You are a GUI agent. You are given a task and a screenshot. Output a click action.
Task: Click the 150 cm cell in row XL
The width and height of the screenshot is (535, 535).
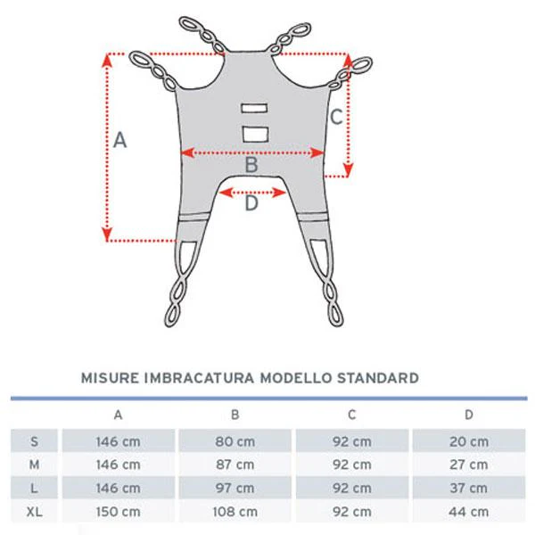click(118, 512)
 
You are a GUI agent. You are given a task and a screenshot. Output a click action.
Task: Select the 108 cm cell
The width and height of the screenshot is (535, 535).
click(235, 512)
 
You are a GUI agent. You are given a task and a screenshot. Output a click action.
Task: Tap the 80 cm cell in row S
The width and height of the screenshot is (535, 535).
click(235, 441)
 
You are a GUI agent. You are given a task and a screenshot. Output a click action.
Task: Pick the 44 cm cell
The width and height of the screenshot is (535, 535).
click(469, 512)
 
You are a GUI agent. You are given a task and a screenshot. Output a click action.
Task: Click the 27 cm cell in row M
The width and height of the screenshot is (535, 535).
click(469, 465)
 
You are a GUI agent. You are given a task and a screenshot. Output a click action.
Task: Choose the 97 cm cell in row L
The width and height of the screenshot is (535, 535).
click(235, 488)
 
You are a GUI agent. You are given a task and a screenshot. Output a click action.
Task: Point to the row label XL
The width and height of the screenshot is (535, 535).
click(34, 512)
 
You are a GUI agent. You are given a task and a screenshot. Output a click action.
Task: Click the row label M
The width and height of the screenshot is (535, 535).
click(34, 465)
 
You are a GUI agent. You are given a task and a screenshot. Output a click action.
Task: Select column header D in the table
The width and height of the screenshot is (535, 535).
click(469, 415)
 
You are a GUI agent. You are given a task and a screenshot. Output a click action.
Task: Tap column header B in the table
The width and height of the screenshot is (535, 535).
click(235, 415)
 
